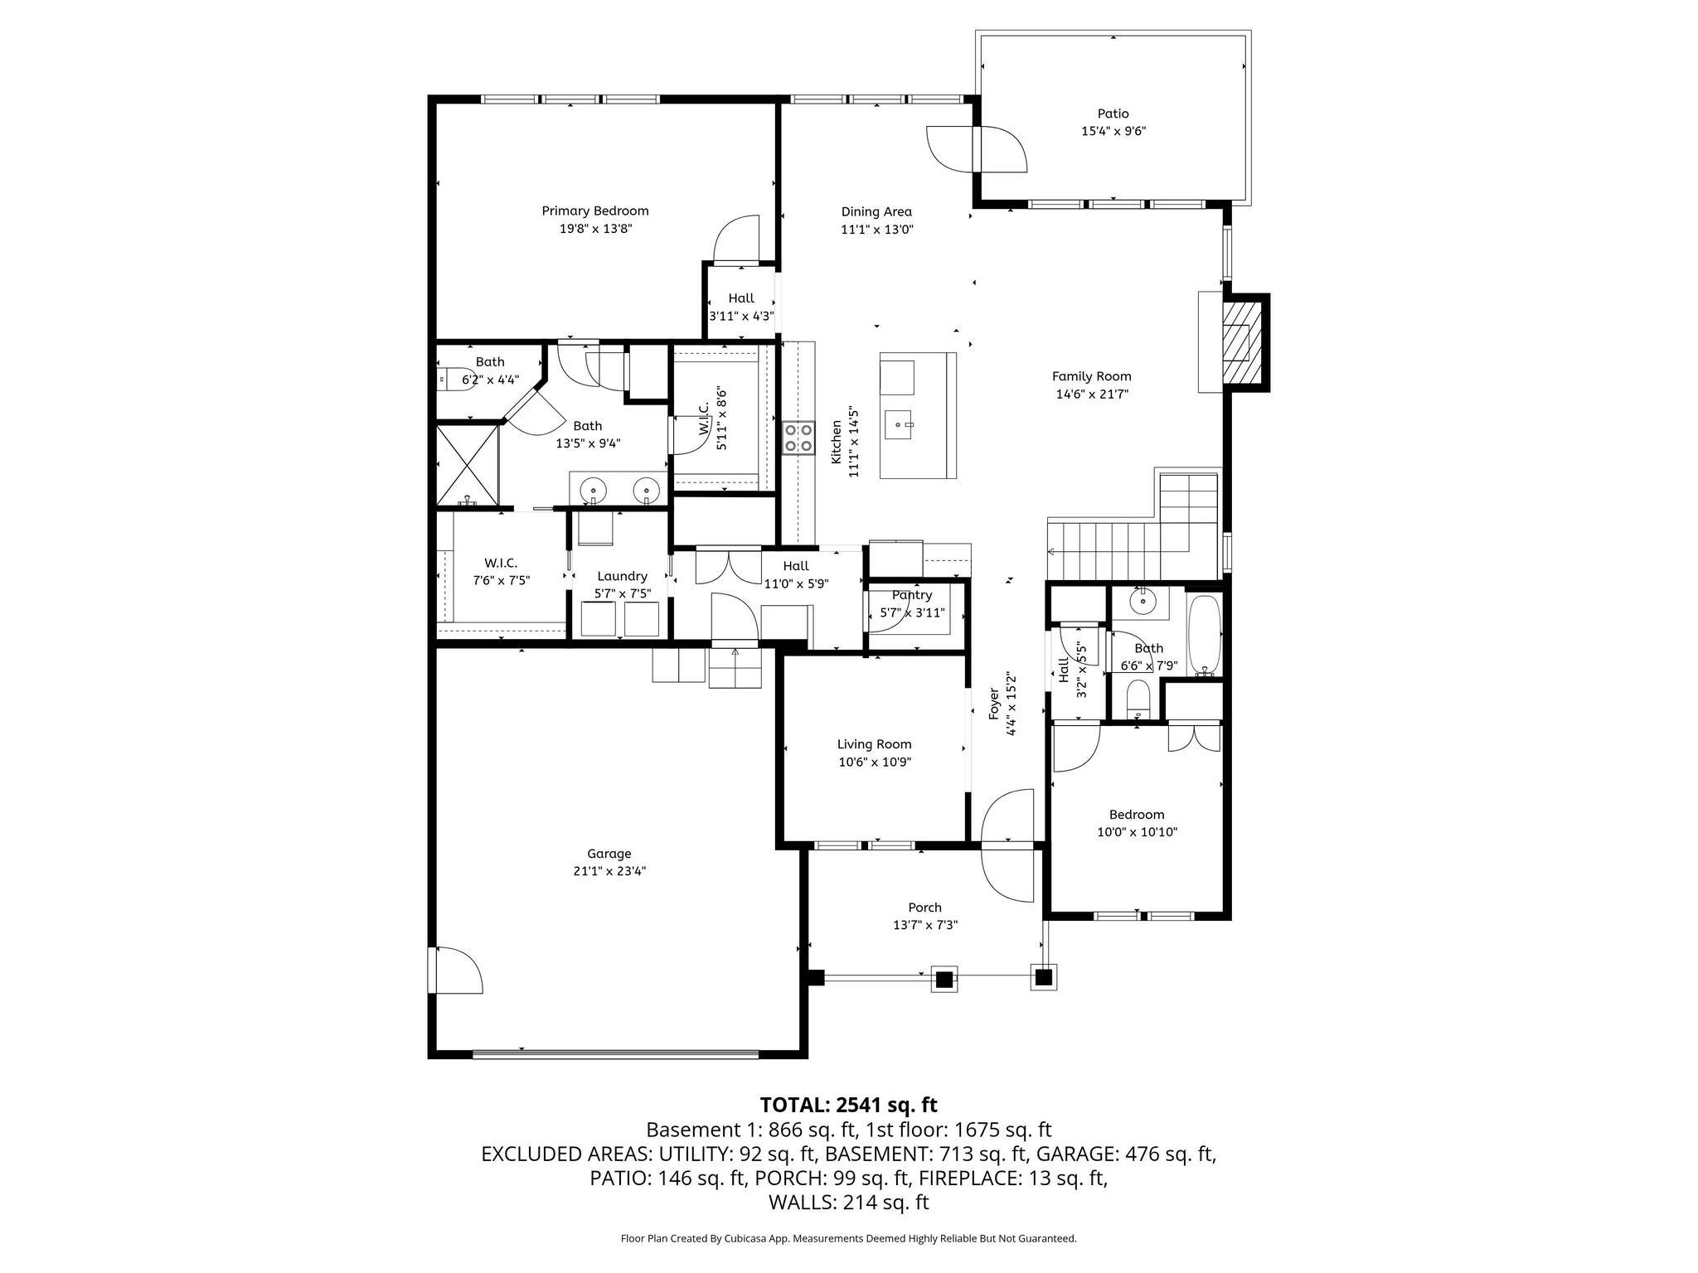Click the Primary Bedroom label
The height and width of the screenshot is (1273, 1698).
594,211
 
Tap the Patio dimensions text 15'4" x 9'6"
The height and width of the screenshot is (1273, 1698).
1113,131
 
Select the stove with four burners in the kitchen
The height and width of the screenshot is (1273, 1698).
798,438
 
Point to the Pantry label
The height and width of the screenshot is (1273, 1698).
912,595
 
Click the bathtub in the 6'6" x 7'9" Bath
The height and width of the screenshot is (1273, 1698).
1205,635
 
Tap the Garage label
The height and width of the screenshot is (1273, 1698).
609,854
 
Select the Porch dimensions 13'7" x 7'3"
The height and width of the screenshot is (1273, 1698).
925,925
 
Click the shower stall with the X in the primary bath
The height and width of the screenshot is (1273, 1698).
468,465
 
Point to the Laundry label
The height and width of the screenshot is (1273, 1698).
622,576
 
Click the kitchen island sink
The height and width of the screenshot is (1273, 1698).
899,424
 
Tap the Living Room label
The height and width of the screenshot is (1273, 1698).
874,744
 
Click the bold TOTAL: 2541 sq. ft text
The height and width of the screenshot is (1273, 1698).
848,1105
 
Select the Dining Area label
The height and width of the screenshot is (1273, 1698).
876,211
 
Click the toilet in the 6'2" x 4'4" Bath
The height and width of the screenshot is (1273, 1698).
453,380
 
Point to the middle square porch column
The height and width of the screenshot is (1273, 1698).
944,980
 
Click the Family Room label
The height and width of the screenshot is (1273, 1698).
1091,376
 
